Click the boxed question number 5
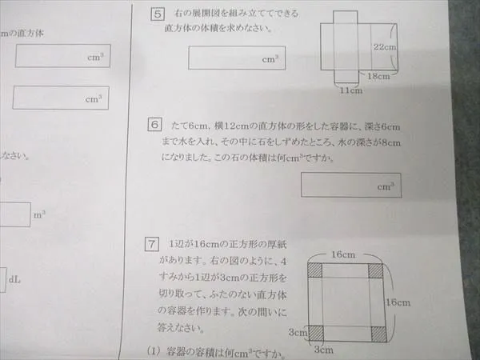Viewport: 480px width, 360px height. click(158, 14)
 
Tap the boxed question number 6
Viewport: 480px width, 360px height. click(154, 125)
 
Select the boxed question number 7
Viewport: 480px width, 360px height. click(152, 245)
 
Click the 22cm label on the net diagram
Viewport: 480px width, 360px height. click(385, 47)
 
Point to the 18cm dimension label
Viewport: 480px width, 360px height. click(378, 76)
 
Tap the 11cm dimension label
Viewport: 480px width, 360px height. click(351, 90)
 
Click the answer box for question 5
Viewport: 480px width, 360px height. click(237, 58)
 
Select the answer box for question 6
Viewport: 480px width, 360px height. click(351, 185)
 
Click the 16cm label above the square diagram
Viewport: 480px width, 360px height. click(343, 254)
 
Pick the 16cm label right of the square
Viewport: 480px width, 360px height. click(398, 302)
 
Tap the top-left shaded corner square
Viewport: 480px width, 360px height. click(315, 270)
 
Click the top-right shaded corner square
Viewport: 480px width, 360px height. click(375, 270)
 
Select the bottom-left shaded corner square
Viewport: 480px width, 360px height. click(316, 334)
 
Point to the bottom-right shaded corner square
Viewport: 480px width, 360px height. click(378, 334)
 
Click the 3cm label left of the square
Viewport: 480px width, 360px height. click(298, 332)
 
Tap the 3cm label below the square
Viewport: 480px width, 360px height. click(323, 350)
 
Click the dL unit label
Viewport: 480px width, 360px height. click(14, 279)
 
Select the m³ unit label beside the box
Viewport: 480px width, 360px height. click(39, 214)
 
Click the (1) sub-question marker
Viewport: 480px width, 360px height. click(154, 351)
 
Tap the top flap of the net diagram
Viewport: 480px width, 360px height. click(345, 17)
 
